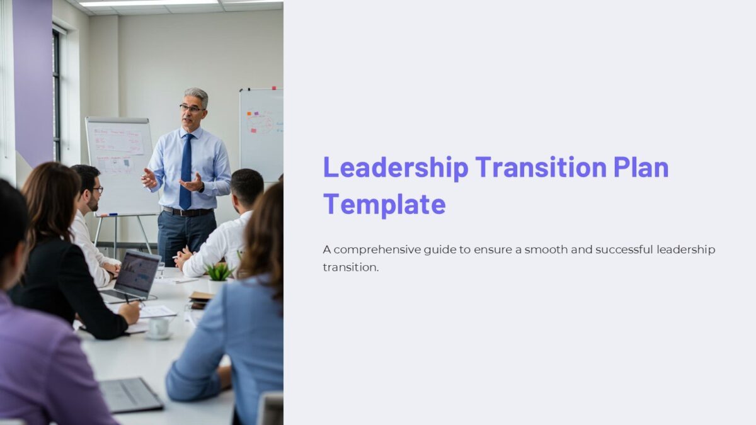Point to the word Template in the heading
click(384, 205)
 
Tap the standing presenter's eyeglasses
click(191, 108)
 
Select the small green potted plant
click(219, 273)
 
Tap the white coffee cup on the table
click(159, 326)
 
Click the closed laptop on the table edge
click(131, 395)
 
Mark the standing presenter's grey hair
click(197, 94)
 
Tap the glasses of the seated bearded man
click(96, 190)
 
